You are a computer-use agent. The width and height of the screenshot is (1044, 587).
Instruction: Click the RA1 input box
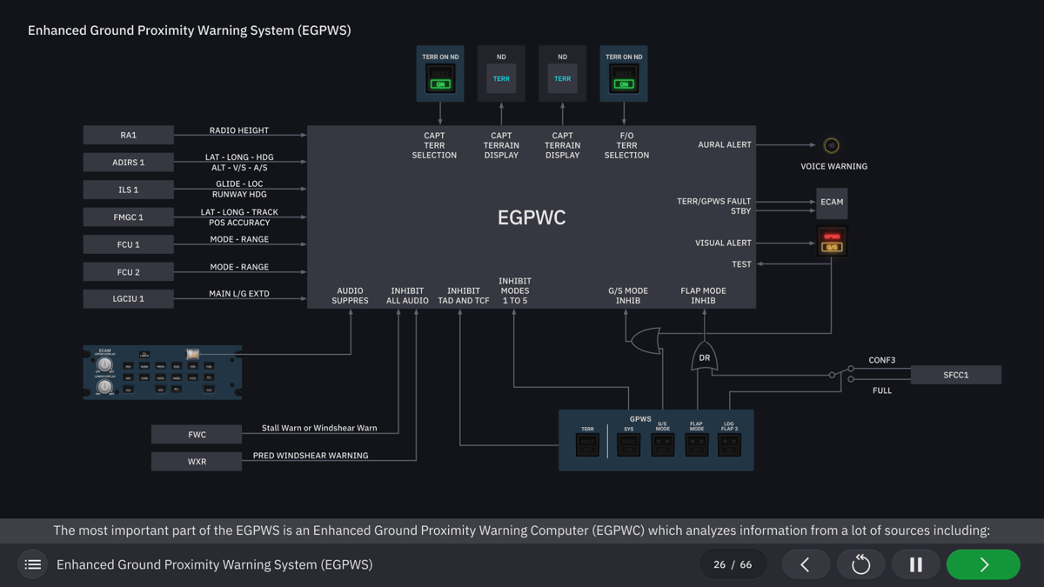(x=128, y=135)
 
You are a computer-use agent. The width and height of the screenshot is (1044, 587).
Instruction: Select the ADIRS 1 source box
(x=128, y=163)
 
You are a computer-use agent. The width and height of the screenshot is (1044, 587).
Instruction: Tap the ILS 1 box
(x=128, y=190)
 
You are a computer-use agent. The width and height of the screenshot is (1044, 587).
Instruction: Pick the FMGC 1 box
(x=128, y=217)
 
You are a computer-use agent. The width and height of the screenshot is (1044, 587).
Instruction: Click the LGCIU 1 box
(x=128, y=299)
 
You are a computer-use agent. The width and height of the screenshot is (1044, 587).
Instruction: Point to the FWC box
(x=197, y=435)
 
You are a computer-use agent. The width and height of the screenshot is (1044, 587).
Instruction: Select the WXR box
(x=197, y=462)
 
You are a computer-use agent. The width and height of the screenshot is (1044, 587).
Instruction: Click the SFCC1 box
(x=955, y=375)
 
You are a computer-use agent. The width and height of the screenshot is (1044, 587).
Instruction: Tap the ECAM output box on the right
(x=831, y=202)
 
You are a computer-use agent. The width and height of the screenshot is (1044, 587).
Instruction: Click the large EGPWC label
(x=532, y=217)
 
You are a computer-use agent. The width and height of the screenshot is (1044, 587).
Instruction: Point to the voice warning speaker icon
(x=831, y=145)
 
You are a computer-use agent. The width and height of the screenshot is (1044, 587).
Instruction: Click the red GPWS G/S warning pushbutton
(x=832, y=242)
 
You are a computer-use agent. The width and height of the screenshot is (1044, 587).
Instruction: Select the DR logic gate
(x=704, y=357)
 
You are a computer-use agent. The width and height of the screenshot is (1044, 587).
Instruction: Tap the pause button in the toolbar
(x=915, y=564)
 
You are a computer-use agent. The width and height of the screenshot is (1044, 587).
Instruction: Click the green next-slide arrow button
(x=983, y=564)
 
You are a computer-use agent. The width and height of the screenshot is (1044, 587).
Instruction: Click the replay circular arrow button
(x=860, y=564)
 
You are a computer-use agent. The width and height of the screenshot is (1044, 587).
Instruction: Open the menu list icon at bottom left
(x=33, y=564)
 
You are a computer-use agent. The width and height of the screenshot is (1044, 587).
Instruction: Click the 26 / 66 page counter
(x=733, y=564)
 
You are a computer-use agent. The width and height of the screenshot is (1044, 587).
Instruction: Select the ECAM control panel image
(x=162, y=372)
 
